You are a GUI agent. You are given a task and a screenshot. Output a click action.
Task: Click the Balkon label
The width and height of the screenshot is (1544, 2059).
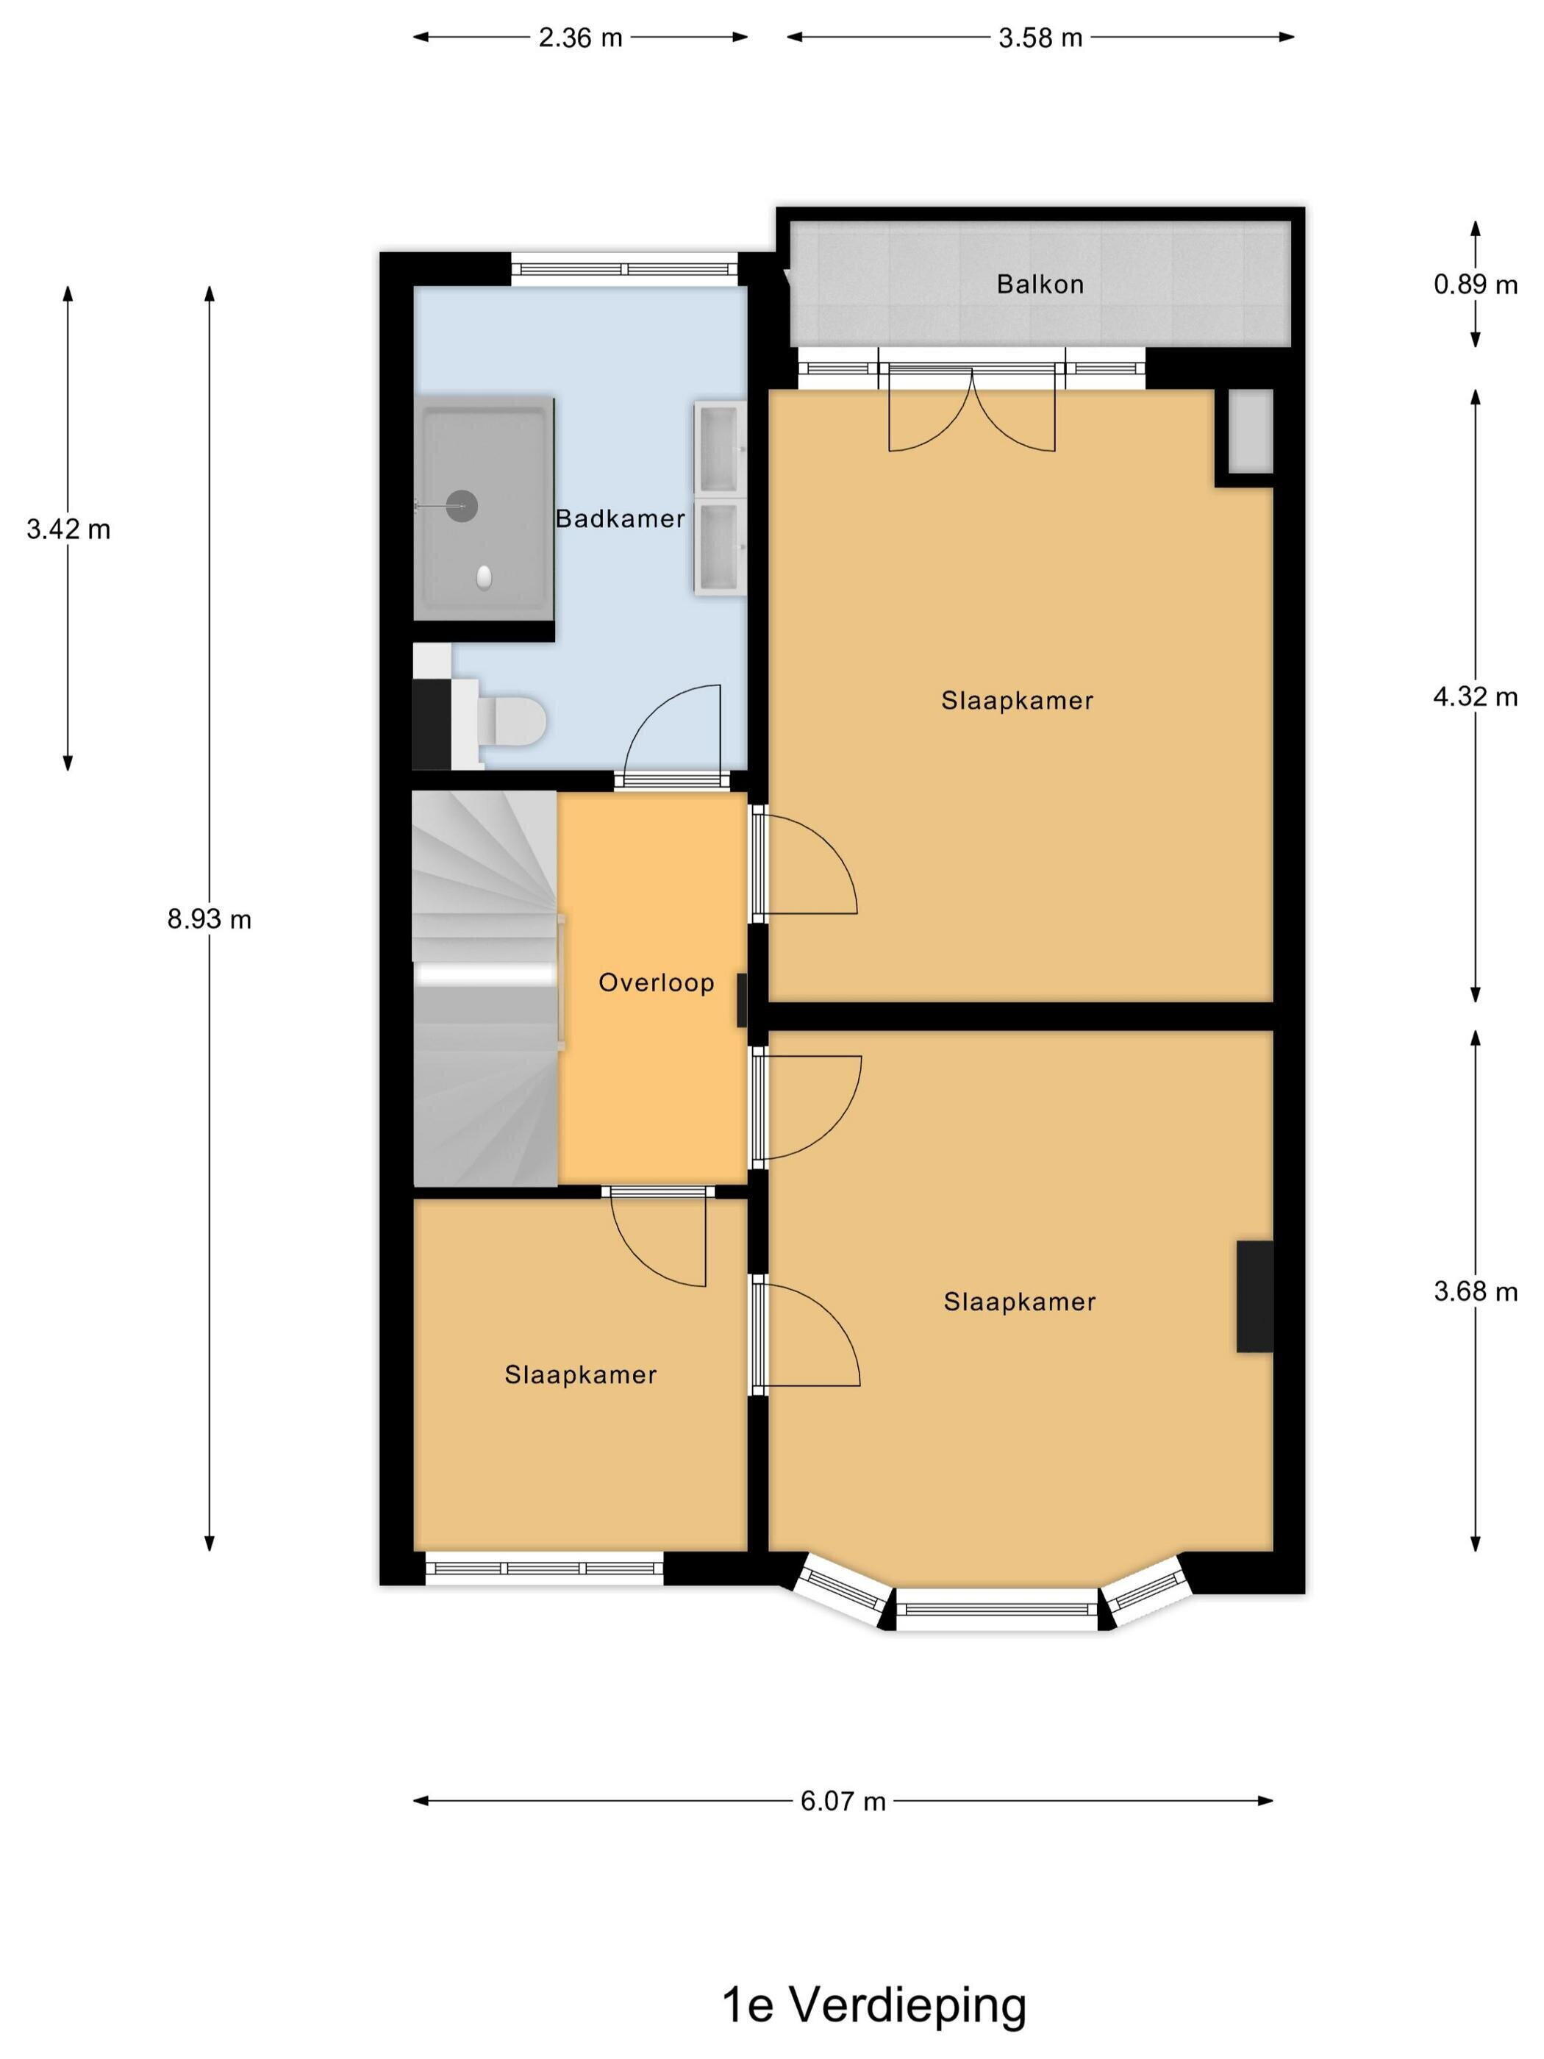click(x=1040, y=284)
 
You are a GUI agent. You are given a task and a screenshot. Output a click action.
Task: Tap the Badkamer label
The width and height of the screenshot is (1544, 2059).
click(x=620, y=518)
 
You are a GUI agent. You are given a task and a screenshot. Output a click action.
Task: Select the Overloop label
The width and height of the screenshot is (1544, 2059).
click(x=656, y=982)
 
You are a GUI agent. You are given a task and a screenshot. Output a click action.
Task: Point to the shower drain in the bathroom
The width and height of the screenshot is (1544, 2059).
click(x=462, y=507)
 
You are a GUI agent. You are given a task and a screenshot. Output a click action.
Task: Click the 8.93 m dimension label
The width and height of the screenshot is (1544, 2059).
click(x=210, y=920)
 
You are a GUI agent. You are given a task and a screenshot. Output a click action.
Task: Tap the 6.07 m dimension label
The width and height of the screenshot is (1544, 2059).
click(x=843, y=1801)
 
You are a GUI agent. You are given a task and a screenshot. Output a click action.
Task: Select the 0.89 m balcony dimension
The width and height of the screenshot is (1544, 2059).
click(x=1475, y=285)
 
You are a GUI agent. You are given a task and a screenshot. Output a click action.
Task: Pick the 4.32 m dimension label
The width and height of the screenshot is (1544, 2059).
click(x=1475, y=696)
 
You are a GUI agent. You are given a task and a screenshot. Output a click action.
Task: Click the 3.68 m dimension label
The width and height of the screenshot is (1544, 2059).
click(x=1475, y=1291)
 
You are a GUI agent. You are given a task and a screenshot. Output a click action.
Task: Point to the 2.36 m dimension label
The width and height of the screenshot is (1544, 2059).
click(x=580, y=38)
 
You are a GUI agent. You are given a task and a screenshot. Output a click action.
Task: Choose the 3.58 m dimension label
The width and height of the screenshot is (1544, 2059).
click(x=1040, y=38)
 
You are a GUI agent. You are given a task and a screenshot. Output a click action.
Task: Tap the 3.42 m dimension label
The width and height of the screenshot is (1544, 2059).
click(x=68, y=529)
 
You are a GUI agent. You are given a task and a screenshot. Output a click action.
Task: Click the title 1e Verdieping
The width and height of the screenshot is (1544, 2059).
click(x=874, y=2007)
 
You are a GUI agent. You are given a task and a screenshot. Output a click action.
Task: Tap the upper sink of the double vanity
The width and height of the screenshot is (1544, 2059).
click(x=718, y=447)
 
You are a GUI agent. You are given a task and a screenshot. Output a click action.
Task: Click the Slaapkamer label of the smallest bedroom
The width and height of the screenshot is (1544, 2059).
click(x=581, y=1375)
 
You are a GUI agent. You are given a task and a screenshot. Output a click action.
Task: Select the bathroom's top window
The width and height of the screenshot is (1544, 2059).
click(x=624, y=270)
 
